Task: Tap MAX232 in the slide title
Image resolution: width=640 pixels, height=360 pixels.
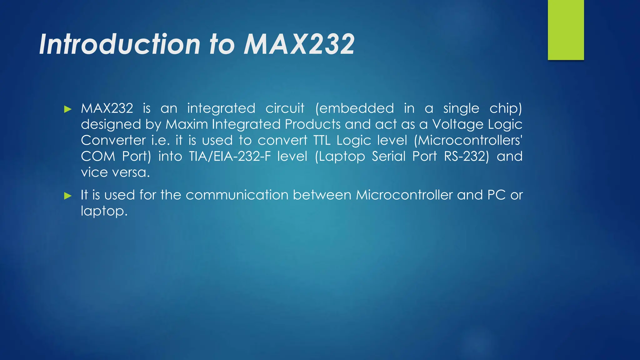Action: tap(299, 44)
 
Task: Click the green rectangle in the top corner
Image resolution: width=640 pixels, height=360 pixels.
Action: tap(566, 30)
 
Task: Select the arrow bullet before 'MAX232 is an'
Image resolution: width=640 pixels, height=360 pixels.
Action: tap(68, 109)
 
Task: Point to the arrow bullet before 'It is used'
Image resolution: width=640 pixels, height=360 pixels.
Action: tap(68, 196)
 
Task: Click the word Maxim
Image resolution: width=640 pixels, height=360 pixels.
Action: tap(187, 124)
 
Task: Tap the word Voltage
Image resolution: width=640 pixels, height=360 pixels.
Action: tap(458, 124)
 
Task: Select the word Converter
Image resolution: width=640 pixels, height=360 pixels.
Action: tap(113, 140)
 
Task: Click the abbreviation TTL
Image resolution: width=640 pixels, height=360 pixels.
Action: tap(322, 140)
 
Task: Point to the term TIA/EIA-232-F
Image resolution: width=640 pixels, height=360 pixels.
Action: tap(230, 156)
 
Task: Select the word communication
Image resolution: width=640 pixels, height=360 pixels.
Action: tap(237, 195)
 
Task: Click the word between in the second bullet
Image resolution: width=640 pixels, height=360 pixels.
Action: tap(322, 195)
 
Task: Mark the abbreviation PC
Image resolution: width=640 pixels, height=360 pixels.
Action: tap(496, 195)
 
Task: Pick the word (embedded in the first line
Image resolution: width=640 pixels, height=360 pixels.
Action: tap(354, 108)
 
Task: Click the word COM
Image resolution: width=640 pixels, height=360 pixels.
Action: tap(98, 156)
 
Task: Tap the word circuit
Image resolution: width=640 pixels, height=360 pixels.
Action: tap(285, 108)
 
